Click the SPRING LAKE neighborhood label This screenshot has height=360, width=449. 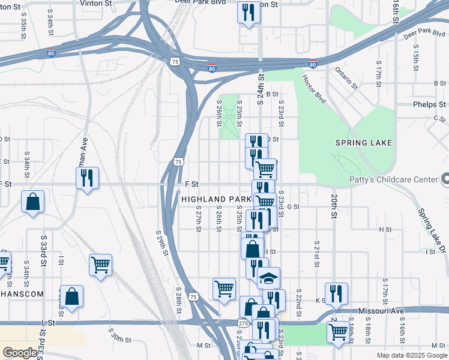pos(363,143)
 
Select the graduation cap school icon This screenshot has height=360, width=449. pos(270,278)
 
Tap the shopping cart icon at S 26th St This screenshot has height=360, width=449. pos(224,289)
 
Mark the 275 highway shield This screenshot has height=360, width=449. pos(243,323)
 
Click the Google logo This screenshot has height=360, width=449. pos(20,353)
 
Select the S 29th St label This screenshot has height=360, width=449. pos(160,242)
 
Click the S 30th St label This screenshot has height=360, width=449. pos(120,335)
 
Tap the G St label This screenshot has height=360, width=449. pos(293,207)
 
